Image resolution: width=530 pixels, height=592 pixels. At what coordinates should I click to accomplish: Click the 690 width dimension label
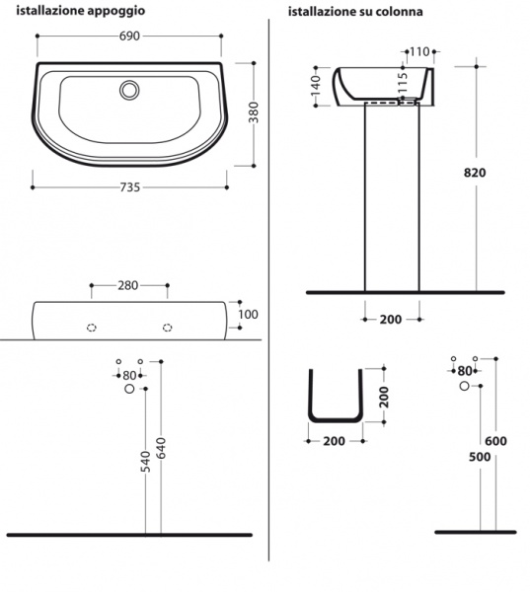pyautogui.click(x=129, y=36)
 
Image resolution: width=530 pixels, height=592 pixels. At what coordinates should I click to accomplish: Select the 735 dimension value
pyautogui.click(x=130, y=187)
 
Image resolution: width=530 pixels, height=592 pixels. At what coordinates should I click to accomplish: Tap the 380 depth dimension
pyautogui.click(x=255, y=112)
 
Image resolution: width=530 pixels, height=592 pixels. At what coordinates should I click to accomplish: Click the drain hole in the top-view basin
pyautogui.click(x=129, y=90)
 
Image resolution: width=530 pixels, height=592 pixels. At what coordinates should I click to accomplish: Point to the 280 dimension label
pyautogui.click(x=128, y=285)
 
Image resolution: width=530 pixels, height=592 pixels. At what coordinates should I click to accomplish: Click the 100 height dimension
pyautogui.click(x=248, y=314)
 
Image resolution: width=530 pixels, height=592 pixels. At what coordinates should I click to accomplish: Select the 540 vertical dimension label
pyautogui.click(x=145, y=462)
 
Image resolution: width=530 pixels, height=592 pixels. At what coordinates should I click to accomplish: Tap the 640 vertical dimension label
pyautogui.click(x=161, y=448)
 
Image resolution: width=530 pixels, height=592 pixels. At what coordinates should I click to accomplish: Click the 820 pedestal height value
pyautogui.click(x=475, y=173)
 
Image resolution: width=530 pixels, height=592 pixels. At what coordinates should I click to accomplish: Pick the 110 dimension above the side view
pyautogui.click(x=419, y=51)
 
